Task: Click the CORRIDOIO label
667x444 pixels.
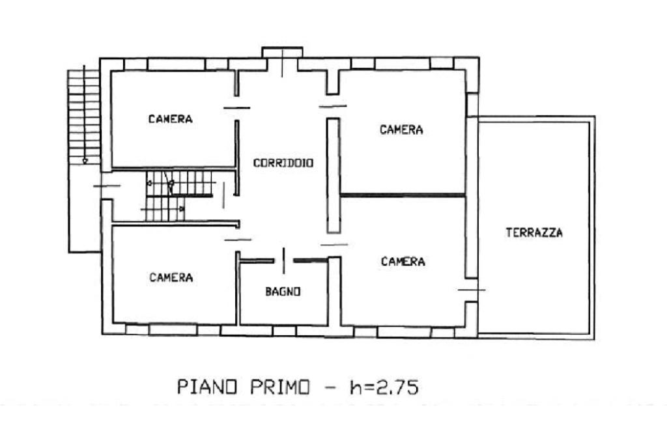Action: click(x=283, y=163)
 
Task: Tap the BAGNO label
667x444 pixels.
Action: click(x=283, y=291)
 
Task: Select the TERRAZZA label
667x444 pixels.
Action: click(x=534, y=232)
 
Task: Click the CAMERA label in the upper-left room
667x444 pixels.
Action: click(x=170, y=119)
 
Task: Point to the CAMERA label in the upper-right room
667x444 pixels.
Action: click(x=401, y=130)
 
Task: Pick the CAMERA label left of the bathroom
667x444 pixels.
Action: click(x=171, y=278)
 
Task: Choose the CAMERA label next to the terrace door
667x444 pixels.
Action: click(x=403, y=261)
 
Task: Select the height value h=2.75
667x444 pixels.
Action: click(x=384, y=387)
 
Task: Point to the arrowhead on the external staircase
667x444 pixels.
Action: click(x=85, y=161)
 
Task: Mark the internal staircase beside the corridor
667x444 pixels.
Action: click(x=178, y=195)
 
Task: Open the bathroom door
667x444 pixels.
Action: click(x=284, y=260)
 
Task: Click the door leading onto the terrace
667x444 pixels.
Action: click(x=472, y=290)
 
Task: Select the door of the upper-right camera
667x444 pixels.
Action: click(x=333, y=106)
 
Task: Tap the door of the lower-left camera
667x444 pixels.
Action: click(x=238, y=240)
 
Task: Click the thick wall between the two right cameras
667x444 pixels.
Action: click(x=403, y=195)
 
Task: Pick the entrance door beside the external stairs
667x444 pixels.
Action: click(x=107, y=186)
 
